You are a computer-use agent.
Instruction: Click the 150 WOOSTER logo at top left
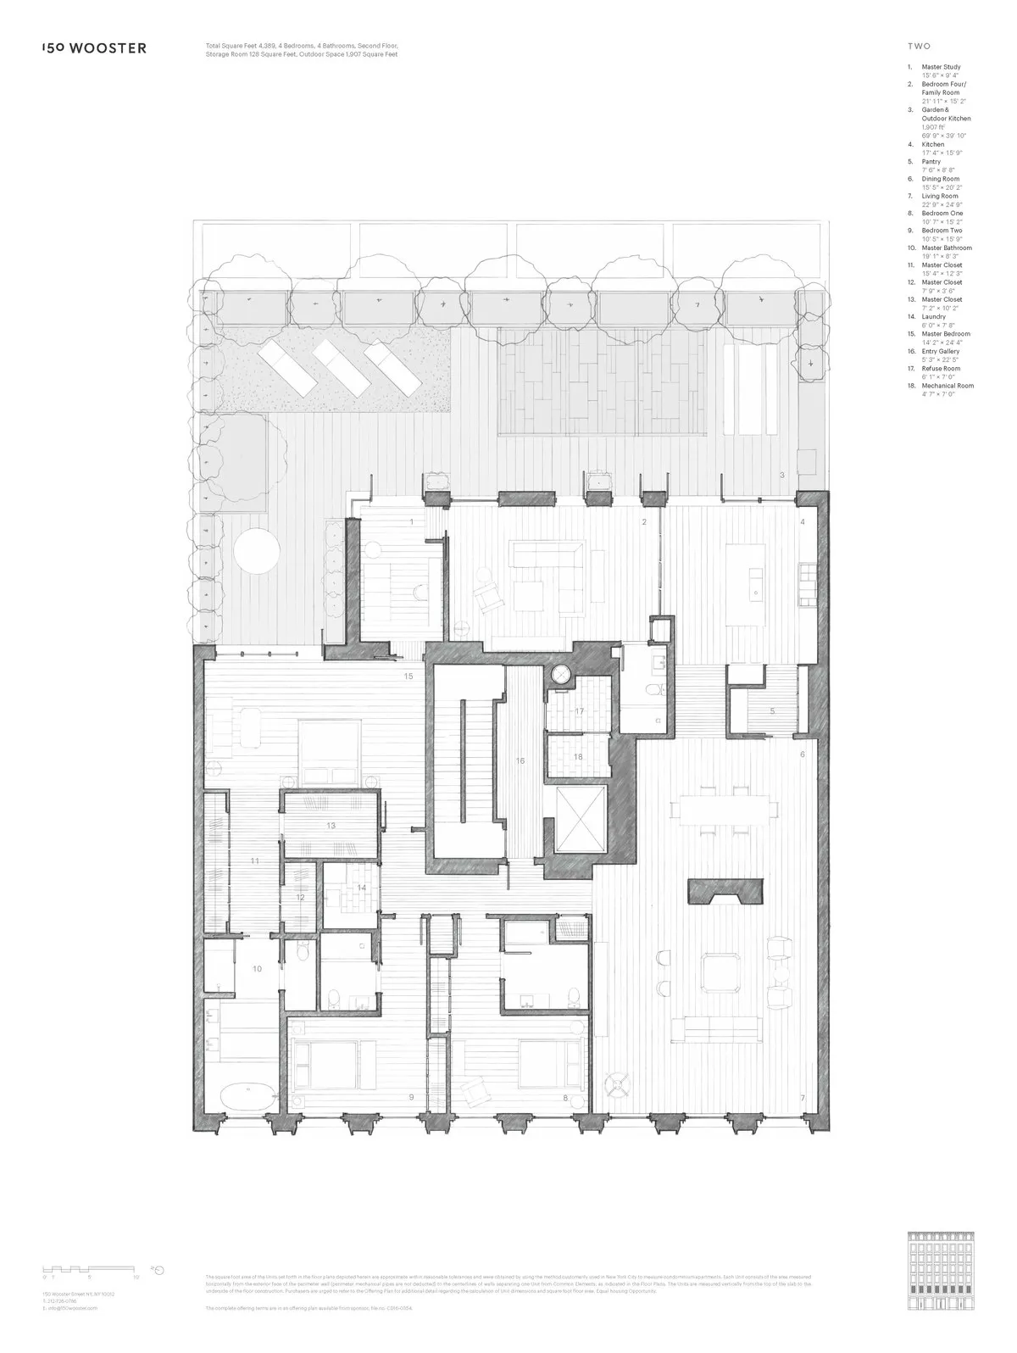coord(94,48)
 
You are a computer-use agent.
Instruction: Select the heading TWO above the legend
coord(918,47)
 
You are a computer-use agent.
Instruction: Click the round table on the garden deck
coord(256,552)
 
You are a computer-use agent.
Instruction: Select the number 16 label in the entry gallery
coord(520,761)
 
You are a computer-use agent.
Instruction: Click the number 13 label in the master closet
coord(331,825)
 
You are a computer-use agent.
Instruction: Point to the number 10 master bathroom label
coord(257,967)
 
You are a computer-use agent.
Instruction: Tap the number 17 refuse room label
coord(580,710)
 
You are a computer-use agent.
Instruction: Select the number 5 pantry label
coord(772,711)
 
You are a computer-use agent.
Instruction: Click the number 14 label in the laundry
coord(361,888)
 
